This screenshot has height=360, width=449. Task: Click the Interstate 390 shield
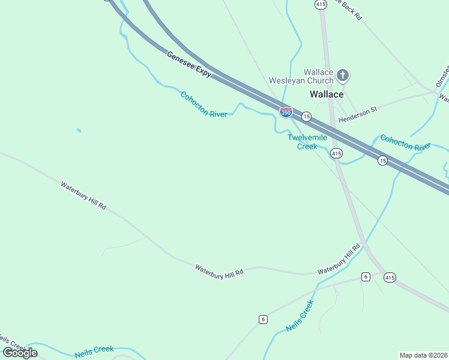tap(286, 112)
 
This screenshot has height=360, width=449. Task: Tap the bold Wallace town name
tap(327, 94)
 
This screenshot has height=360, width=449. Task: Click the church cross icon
tap(343, 76)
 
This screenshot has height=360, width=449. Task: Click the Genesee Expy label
tap(189, 64)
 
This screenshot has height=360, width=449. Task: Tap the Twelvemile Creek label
tap(307, 142)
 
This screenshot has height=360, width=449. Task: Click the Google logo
tap(20, 352)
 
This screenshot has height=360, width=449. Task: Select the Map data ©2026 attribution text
tap(423, 355)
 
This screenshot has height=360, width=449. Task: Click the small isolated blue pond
tap(79, 130)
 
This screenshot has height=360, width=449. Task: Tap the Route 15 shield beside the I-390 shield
tap(306, 116)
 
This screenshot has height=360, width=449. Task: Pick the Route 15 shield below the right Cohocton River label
tap(382, 160)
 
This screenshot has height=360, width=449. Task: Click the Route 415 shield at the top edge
tap(321, 4)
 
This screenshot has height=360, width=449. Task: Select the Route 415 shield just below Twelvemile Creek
tap(336, 154)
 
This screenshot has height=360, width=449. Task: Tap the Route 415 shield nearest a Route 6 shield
tap(390, 277)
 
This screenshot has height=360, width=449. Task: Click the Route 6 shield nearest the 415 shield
tap(366, 277)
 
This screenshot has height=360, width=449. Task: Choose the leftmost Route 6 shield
tap(263, 319)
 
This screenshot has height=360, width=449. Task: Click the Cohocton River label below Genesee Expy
tap(203, 104)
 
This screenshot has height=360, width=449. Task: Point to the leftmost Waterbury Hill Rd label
tap(83, 195)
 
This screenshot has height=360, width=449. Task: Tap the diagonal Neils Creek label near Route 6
tap(300, 316)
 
